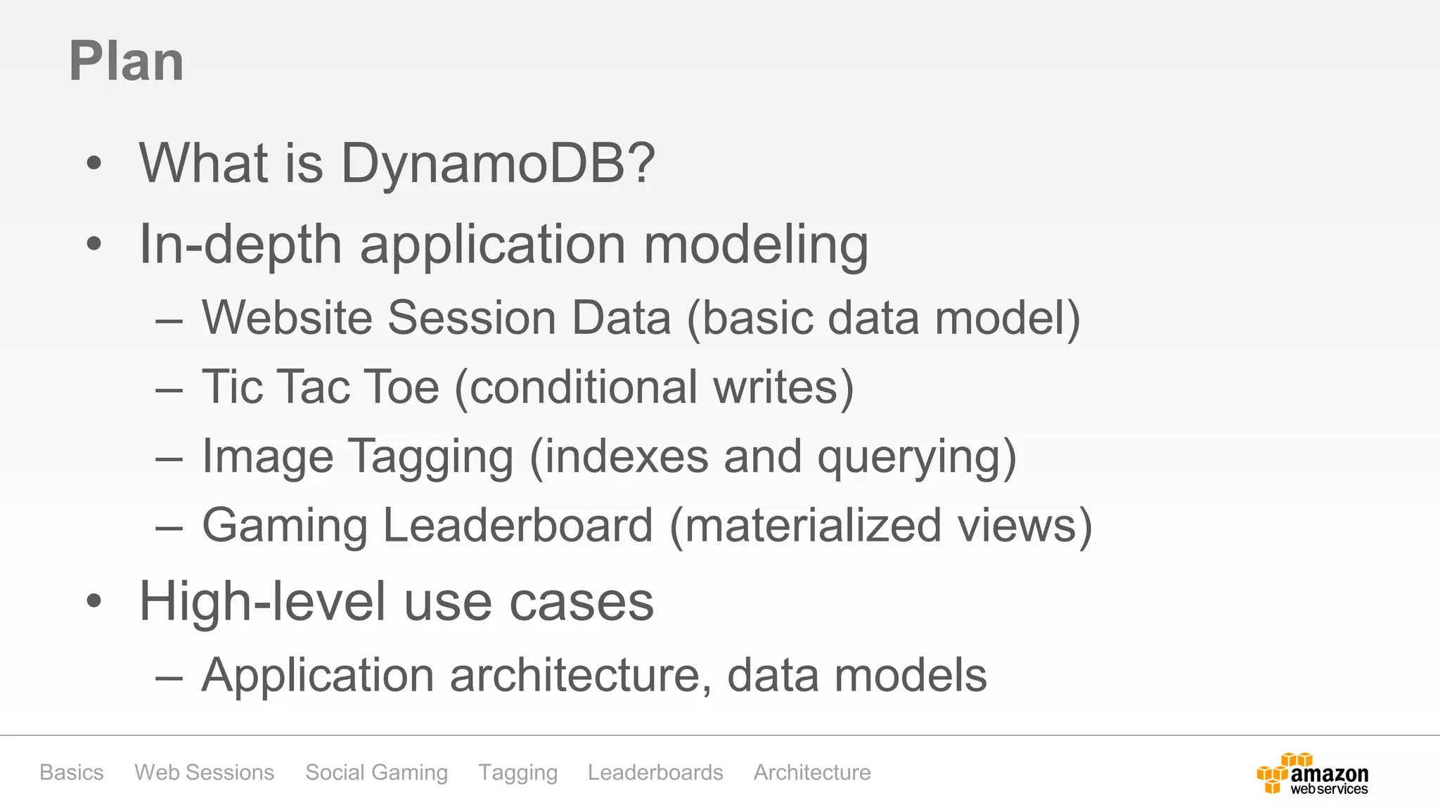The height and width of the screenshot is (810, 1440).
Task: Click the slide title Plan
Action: click(127, 62)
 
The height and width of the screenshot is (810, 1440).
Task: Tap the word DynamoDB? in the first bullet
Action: click(498, 164)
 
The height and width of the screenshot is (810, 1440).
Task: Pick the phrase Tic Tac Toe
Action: click(321, 387)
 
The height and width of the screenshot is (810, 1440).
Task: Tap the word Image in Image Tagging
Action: click(267, 457)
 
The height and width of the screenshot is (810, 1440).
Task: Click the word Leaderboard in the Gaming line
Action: click(518, 525)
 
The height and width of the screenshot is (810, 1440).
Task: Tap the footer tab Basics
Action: click(72, 772)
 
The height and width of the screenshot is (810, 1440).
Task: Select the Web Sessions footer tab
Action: click(204, 772)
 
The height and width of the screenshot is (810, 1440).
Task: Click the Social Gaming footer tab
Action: click(376, 772)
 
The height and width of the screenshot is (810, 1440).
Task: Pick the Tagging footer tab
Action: click(518, 772)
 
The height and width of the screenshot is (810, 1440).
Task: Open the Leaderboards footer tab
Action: click(655, 772)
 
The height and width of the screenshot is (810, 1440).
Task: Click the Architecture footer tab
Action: click(812, 772)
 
